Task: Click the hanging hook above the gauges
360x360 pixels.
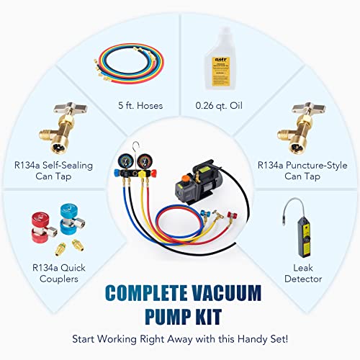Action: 141,130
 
